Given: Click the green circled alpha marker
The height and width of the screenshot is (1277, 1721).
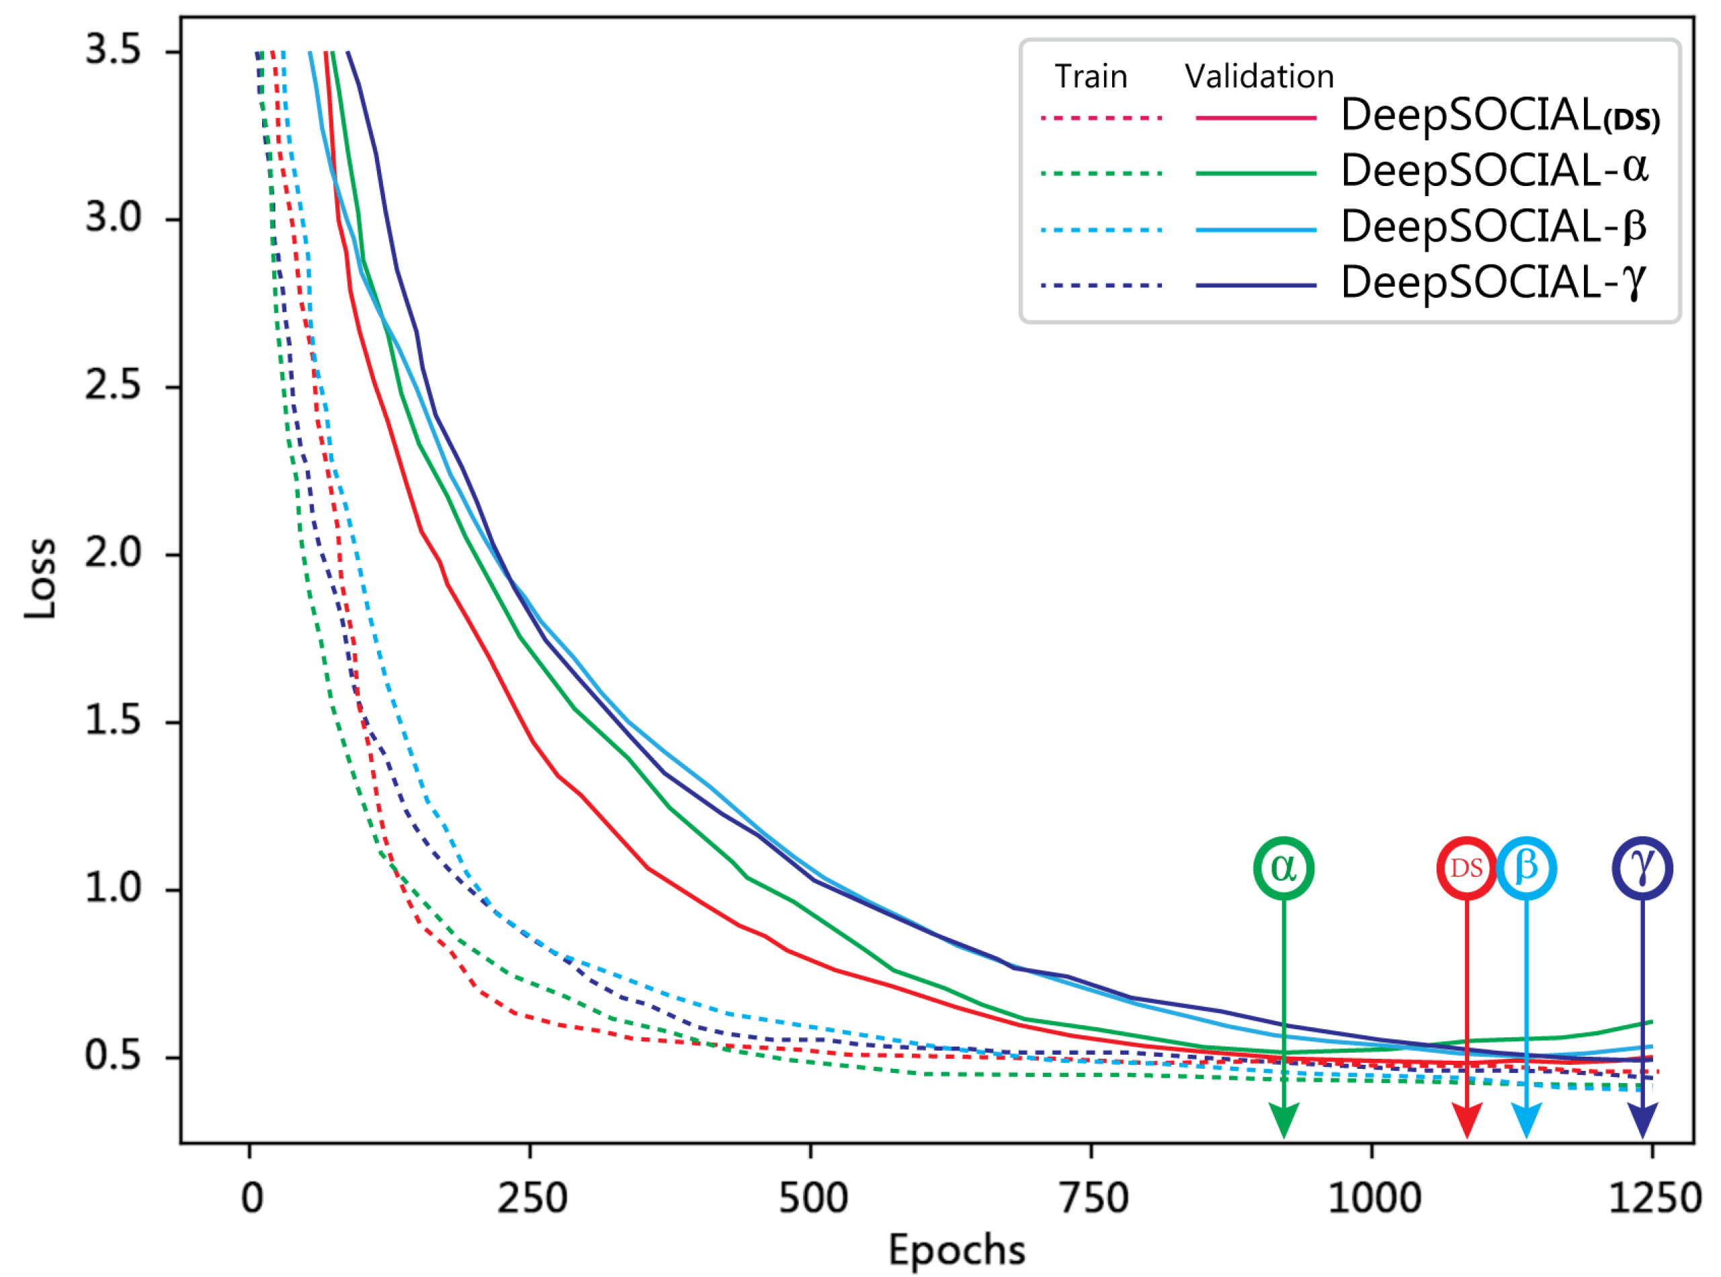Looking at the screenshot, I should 1284,868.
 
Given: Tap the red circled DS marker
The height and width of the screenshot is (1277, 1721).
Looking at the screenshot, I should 1466,868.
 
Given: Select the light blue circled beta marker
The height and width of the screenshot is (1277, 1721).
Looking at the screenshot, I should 1526,868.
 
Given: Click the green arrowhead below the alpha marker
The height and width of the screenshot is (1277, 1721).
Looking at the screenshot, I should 1284,1121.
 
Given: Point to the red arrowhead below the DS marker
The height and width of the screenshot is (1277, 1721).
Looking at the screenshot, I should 1466,1121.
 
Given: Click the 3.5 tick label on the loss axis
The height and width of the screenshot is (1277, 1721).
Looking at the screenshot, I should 113,50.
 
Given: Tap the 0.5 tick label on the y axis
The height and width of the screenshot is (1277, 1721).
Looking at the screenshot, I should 113,1056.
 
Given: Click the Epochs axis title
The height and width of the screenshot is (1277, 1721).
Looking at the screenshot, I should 957,1250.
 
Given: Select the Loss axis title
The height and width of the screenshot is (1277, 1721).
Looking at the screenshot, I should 40,578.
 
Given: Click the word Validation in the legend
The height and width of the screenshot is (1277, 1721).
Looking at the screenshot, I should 1259,77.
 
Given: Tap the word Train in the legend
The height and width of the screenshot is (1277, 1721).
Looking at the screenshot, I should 1091,77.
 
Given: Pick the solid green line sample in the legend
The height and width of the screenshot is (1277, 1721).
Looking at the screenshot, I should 1255,173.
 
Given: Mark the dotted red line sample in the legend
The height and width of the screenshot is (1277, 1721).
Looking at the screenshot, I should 1101,118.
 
